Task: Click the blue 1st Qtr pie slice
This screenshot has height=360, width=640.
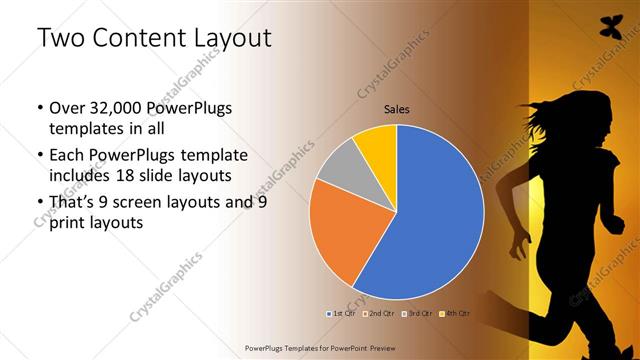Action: click(430, 220)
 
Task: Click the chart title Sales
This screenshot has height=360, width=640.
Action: click(398, 109)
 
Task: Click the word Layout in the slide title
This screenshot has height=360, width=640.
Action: click(227, 39)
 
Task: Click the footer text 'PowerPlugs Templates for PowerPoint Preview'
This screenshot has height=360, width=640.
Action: click(319, 347)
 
